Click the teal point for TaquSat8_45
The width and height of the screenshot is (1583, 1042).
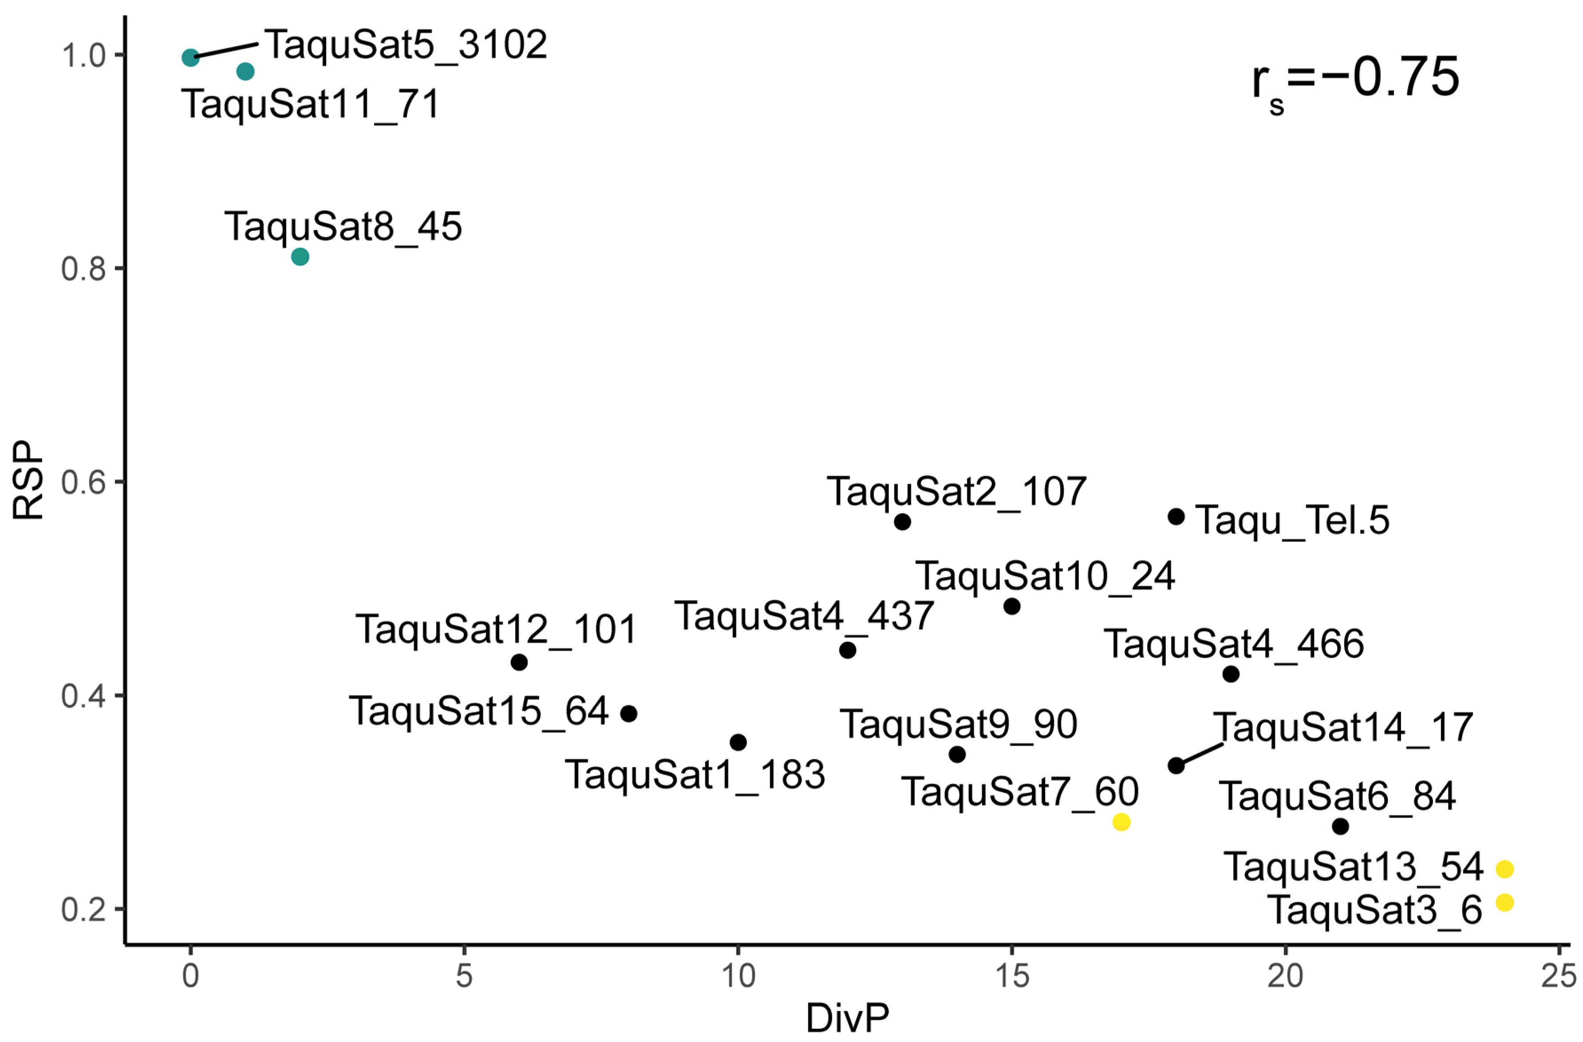(300, 256)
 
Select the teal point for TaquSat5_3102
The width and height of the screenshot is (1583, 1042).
(190, 58)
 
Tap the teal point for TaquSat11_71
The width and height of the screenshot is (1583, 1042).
(245, 71)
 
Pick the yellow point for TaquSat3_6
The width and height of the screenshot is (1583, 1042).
(1504, 902)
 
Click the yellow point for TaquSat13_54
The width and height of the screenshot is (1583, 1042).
(1504, 869)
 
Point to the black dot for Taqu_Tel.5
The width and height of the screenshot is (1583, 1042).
(1176, 516)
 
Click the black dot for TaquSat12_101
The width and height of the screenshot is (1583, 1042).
(520, 662)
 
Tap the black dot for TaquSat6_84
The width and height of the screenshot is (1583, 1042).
(1340, 827)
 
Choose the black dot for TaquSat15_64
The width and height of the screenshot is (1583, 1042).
(628, 714)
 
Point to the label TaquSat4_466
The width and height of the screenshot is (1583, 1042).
(1234, 643)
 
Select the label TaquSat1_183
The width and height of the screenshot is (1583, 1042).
(695, 775)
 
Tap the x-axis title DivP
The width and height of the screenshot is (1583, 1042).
(847, 1018)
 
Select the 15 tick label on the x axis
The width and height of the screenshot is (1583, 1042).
(1012, 977)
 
